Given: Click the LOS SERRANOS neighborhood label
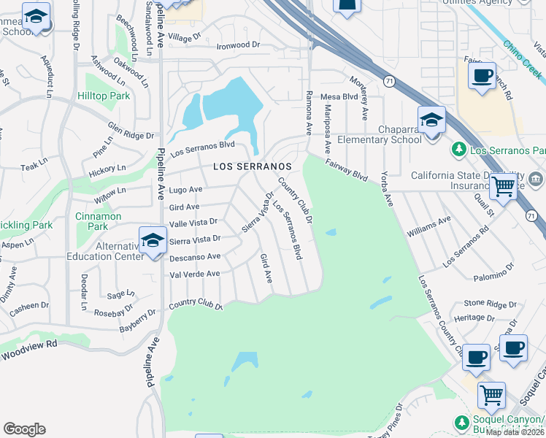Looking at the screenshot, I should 252,167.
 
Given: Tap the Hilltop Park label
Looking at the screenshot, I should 103,96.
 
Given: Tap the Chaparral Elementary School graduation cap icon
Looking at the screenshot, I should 431,120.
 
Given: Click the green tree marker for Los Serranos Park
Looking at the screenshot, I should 458,150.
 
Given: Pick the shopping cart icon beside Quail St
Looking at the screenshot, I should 504,186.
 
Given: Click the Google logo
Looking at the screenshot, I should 24,429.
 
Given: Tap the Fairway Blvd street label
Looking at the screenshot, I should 346,172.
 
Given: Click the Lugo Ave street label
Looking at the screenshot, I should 185,190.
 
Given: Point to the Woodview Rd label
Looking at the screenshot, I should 28,355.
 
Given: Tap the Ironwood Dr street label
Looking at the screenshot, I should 239,45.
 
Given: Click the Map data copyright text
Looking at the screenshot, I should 515,431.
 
